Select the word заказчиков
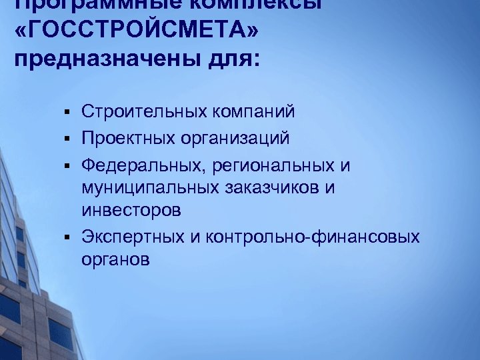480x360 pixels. click(x=273, y=188)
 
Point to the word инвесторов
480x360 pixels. click(x=131, y=211)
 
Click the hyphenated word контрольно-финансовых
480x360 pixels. click(x=313, y=236)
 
